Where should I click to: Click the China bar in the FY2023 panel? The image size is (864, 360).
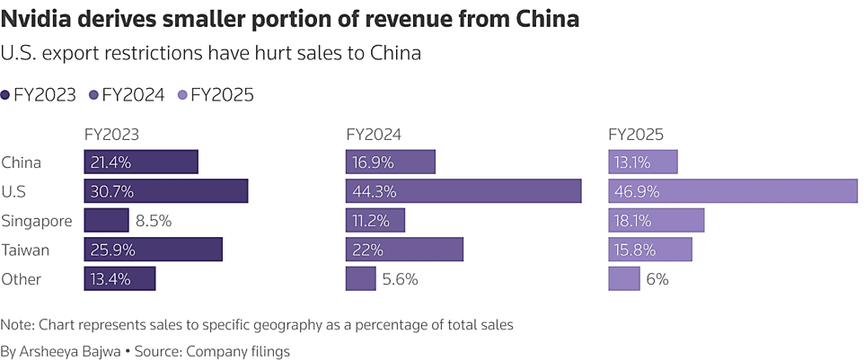(x=141, y=162)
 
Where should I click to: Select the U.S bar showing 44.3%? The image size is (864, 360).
(x=463, y=191)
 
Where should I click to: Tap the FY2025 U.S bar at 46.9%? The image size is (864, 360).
(x=733, y=191)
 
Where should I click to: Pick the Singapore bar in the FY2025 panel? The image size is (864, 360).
(x=657, y=220)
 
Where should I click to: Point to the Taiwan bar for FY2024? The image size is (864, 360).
(x=404, y=250)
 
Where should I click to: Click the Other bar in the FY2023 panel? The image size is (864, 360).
(x=119, y=278)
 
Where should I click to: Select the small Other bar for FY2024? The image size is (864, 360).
(x=360, y=278)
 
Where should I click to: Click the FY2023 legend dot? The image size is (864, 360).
(x=6, y=94)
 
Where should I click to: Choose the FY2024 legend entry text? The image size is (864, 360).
(x=133, y=94)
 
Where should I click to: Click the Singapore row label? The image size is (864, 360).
(x=34, y=221)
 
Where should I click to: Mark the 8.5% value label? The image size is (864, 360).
(x=154, y=221)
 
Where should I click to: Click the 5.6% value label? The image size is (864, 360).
(x=401, y=279)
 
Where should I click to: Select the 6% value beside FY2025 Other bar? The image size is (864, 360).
(x=657, y=279)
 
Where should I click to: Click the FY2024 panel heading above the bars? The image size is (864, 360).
(x=374, y=135)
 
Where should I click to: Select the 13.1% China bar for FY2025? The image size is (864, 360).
(x=643, y=162)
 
